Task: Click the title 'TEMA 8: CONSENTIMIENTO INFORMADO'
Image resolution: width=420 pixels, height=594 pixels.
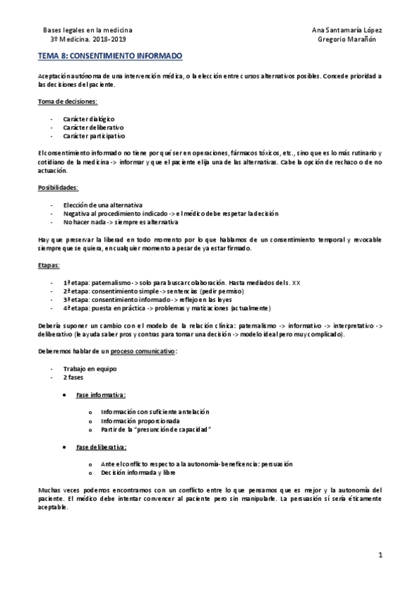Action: click(x=109, y=54)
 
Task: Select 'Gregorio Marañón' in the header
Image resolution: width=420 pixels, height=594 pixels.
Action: click(x=348, y=40)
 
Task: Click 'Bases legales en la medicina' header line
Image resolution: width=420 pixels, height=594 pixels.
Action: click(x=88, y=31)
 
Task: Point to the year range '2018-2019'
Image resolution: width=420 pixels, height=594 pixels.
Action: click(x=110, y=40)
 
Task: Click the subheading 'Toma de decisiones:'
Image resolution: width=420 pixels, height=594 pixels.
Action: click(x=67, y=102)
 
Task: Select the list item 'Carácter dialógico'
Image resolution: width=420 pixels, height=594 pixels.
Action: click(x=89, y=119)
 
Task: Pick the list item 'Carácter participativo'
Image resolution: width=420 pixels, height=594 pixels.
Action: click(x=94, y=137)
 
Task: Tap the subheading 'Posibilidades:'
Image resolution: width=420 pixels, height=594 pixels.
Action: click(x=58, y=187)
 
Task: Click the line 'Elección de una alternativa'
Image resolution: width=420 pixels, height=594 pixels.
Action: click(x=103, y=205)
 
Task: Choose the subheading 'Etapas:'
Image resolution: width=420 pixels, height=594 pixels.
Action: click(x=49, y=265)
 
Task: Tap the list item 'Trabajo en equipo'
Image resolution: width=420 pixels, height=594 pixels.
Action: click(x=89, y=368)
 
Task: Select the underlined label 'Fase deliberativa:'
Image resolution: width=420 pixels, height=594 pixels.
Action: click(x=102, y=446)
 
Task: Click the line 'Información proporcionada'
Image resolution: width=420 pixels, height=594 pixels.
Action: click(x=140, y=420)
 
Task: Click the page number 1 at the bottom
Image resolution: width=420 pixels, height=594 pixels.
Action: click(x=379, y=555)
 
